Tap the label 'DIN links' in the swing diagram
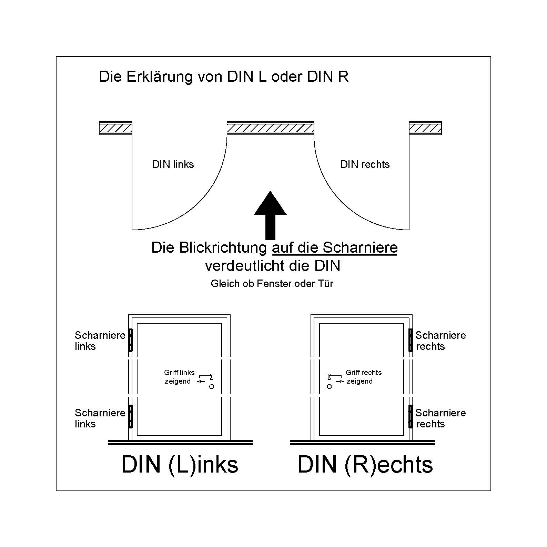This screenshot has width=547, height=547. click(x=173, y=164)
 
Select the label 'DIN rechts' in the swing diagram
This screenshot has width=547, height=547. click(x=365, y=164)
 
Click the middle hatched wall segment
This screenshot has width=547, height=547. click(x=270, y=128)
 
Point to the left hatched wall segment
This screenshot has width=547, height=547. click(x=115, y=128)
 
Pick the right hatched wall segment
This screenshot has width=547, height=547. click(x=425, y=128)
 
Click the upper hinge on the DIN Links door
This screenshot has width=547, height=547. click(x=130, y=340)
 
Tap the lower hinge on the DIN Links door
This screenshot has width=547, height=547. click(x=130, y=416)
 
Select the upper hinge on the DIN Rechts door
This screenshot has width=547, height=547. click(x=411, y=340)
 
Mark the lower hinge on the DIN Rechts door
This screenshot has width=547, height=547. click(x=411, y=416)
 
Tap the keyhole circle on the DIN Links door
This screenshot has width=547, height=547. click(x=212, y=387)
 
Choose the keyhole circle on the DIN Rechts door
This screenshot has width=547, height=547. click(x=329, y=387)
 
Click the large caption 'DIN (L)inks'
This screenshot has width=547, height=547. click(x=180, y=465)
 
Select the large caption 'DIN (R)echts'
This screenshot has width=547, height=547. click(x=365, y=465)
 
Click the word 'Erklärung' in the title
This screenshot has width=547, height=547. click(x=160, y=77)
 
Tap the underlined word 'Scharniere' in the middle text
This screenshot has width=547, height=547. click(x=360, y=247)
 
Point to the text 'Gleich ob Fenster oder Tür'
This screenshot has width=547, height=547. click(x=272, y=284)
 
